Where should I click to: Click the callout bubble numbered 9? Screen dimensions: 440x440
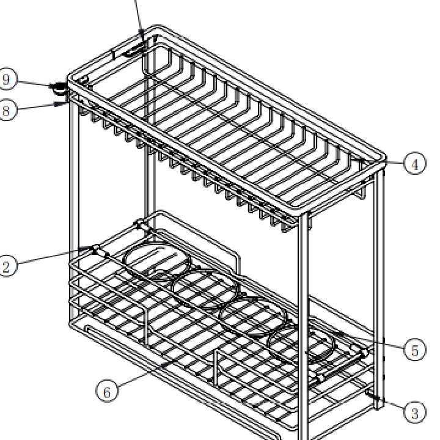click(6, 79)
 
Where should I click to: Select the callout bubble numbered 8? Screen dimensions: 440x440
click(6, 110)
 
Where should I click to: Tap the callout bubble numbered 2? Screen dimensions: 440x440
click(6, 265)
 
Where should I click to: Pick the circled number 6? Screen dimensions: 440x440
click(107, 391)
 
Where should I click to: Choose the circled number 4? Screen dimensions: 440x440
click(415, 163)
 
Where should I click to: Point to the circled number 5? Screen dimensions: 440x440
click(415, 350)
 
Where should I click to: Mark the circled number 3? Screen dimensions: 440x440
click(415, 413)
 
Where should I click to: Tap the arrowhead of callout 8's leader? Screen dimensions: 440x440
click(61, 104)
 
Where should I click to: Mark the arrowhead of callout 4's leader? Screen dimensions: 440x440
click(358, 160)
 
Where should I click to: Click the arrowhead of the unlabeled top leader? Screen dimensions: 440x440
click(142, 37)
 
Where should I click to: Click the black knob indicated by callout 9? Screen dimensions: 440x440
click(59, 87)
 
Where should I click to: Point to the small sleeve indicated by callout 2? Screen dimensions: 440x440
click(97, 250)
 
